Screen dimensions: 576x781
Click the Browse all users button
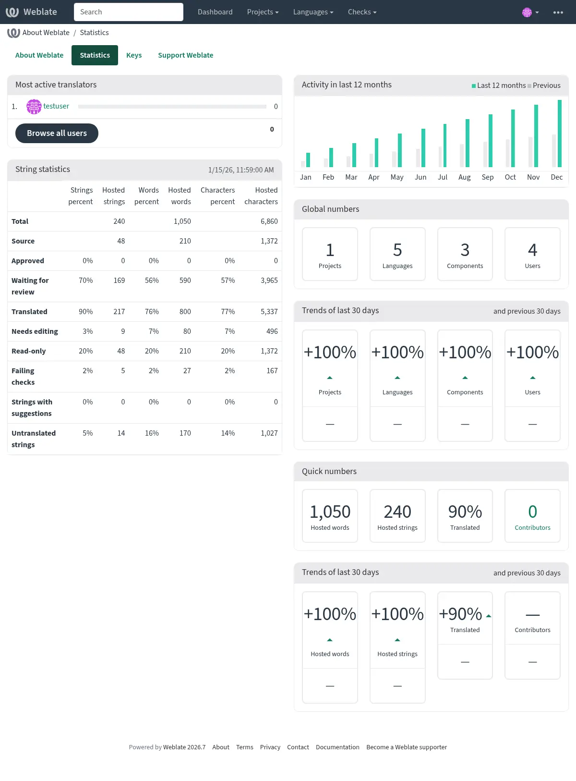click(x=57, y=133)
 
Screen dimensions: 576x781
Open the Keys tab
click(x=134, y=55)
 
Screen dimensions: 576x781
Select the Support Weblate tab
click(x=185, y=55)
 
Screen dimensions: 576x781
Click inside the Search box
click(x=129, y=12)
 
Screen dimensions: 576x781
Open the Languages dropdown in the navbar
click(x=313, y=12)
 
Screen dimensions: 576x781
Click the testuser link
click(x=56, y=106)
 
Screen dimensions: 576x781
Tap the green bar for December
click(x=560, y=134)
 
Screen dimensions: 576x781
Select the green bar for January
click(x=308, y=160)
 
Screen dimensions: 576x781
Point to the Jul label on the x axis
click(x=442, y=177)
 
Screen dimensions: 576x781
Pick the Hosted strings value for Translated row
click(x=119, y=312)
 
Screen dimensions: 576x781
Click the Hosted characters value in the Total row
click(x=269, y=221)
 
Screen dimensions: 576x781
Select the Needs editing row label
click(x=35, y=331)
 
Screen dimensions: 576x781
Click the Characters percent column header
click(x=217, y=196)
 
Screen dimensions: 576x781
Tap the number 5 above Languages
click(x=397, y=250)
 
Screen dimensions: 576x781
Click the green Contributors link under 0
click(x=532, y=527)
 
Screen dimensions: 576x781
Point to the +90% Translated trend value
click(x=460, y=614)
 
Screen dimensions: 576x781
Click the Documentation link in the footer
click(x=337, y=747)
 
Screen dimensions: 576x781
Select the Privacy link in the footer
click(x=270, y=747)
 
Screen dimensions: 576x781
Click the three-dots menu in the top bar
click(x=558, y=12)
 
